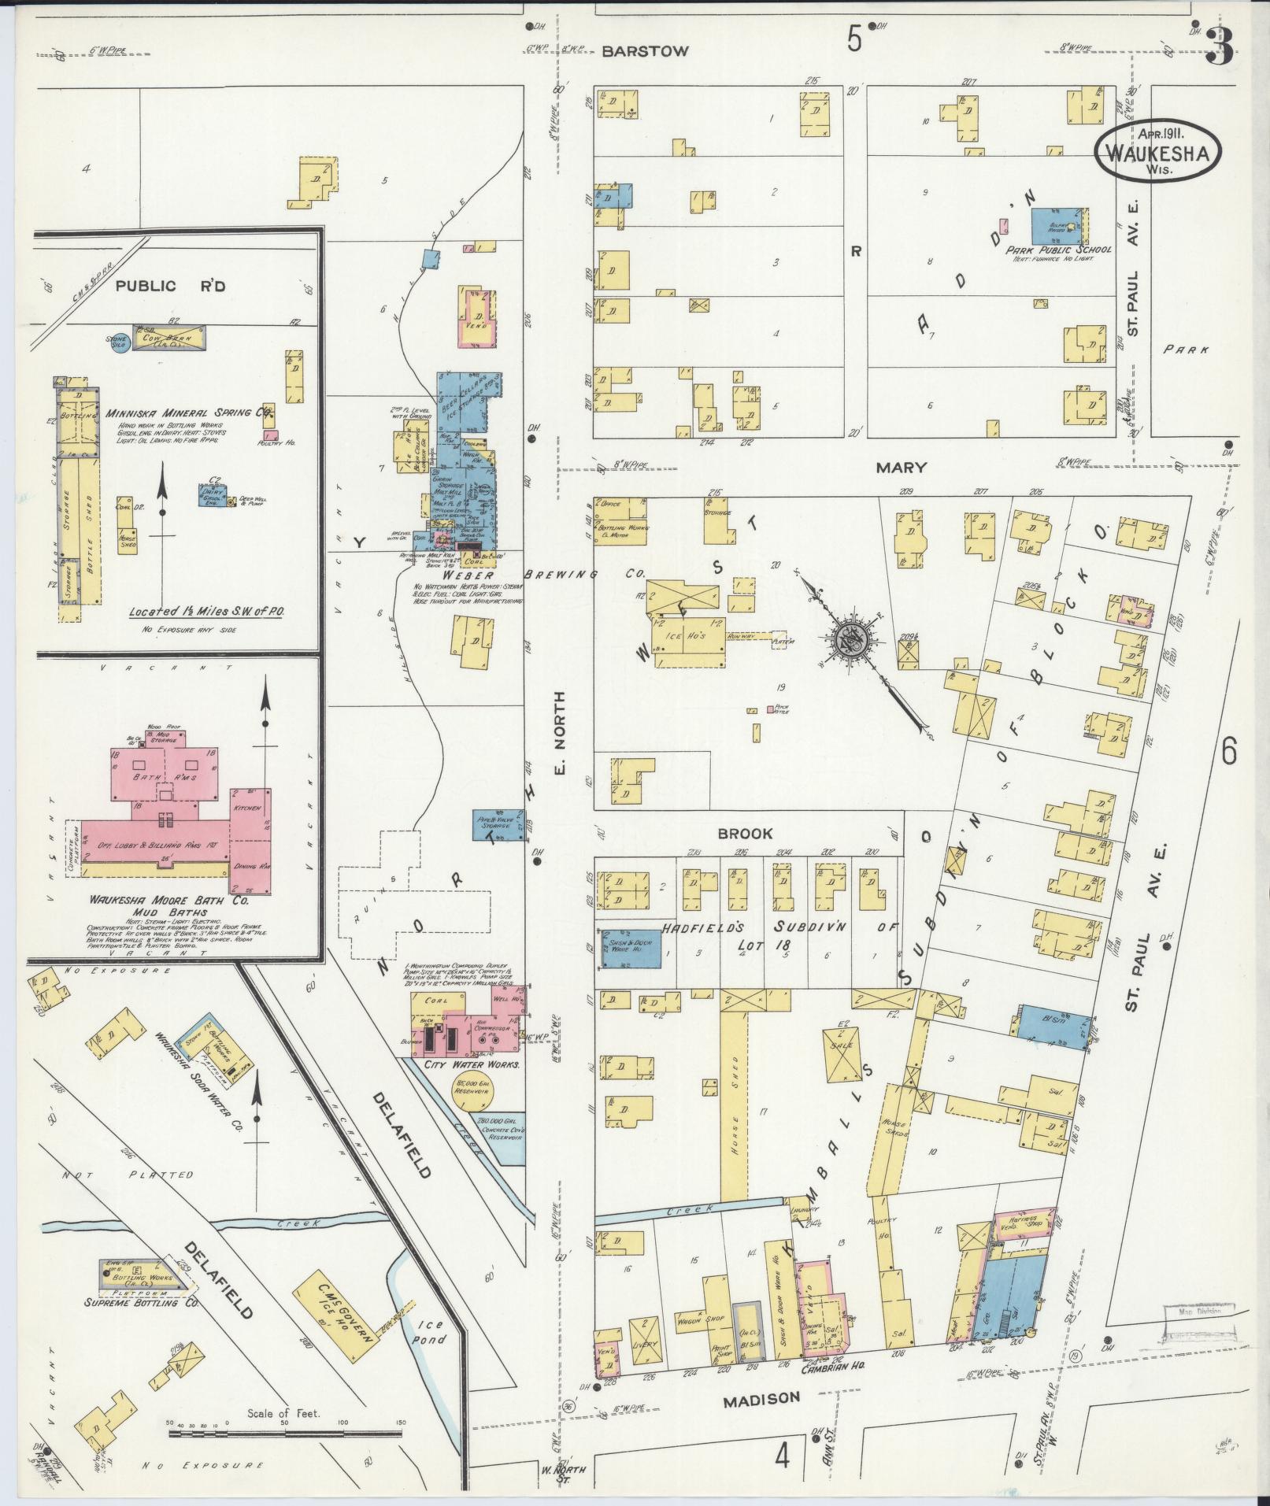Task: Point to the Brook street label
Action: click(x=744, y=833)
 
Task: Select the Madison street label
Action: click(x=761, y=1398)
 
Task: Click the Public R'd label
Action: click(x=170, y=286)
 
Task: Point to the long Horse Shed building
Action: click(x=733, y=1102)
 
